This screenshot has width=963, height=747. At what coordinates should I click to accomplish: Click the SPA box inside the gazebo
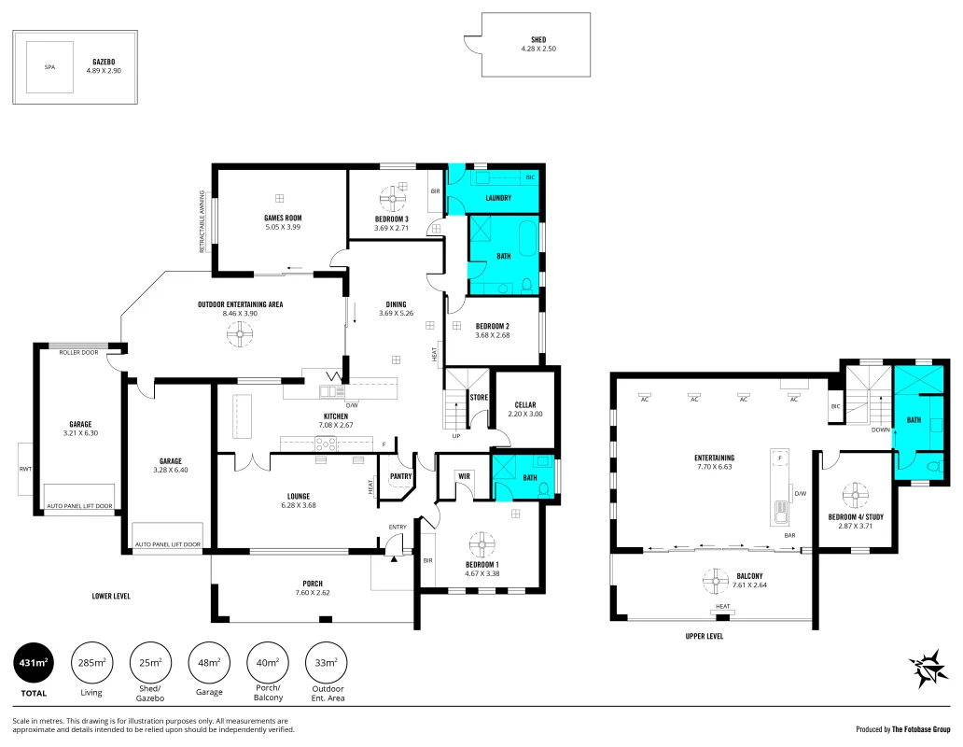point(49,67)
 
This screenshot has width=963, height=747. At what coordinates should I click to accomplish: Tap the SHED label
point(538,39)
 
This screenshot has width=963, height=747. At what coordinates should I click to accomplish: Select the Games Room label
point(282,218)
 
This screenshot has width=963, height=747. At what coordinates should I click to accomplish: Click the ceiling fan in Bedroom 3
point(394,197)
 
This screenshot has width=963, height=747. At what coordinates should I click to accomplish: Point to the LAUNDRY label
point(498,198)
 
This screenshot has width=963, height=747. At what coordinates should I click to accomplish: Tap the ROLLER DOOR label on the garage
point(78,353)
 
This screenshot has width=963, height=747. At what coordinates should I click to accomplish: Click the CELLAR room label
point(524,404)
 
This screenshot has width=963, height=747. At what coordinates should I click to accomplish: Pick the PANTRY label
point(400,475)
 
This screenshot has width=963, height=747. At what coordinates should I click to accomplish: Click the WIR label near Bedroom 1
point(464,475)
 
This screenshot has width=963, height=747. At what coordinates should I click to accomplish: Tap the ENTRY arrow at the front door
point(395,558)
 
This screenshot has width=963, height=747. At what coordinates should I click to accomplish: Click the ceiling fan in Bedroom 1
point(482,543)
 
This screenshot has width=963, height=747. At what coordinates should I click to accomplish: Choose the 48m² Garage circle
point(209,664)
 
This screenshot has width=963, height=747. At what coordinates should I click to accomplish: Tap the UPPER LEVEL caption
point(704,636)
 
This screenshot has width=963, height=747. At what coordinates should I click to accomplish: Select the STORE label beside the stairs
point(479,397)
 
